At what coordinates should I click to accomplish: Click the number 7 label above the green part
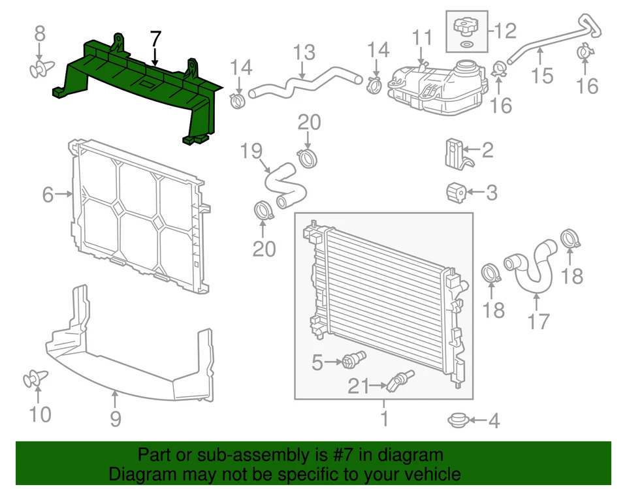tap(155, 39)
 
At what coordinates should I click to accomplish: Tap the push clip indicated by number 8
tap(40, 68)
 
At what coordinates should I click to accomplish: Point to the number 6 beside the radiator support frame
tap(48, 194)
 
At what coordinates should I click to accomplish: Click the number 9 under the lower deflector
tap(116, 418)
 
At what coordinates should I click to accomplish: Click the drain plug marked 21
tap(400, 381)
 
